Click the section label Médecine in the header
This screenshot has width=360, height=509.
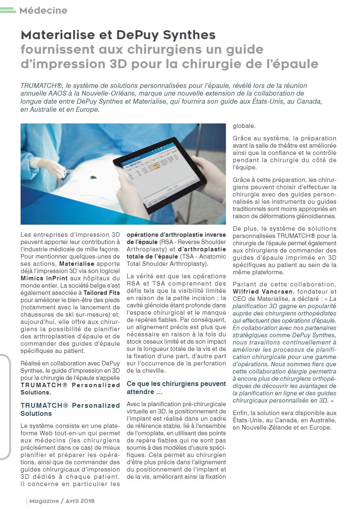pos(43,10)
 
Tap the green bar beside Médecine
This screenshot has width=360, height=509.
pos(8,11)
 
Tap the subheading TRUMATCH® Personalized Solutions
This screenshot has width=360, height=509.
pos(70,409)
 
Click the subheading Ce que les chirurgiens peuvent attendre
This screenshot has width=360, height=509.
pos(176,388)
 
